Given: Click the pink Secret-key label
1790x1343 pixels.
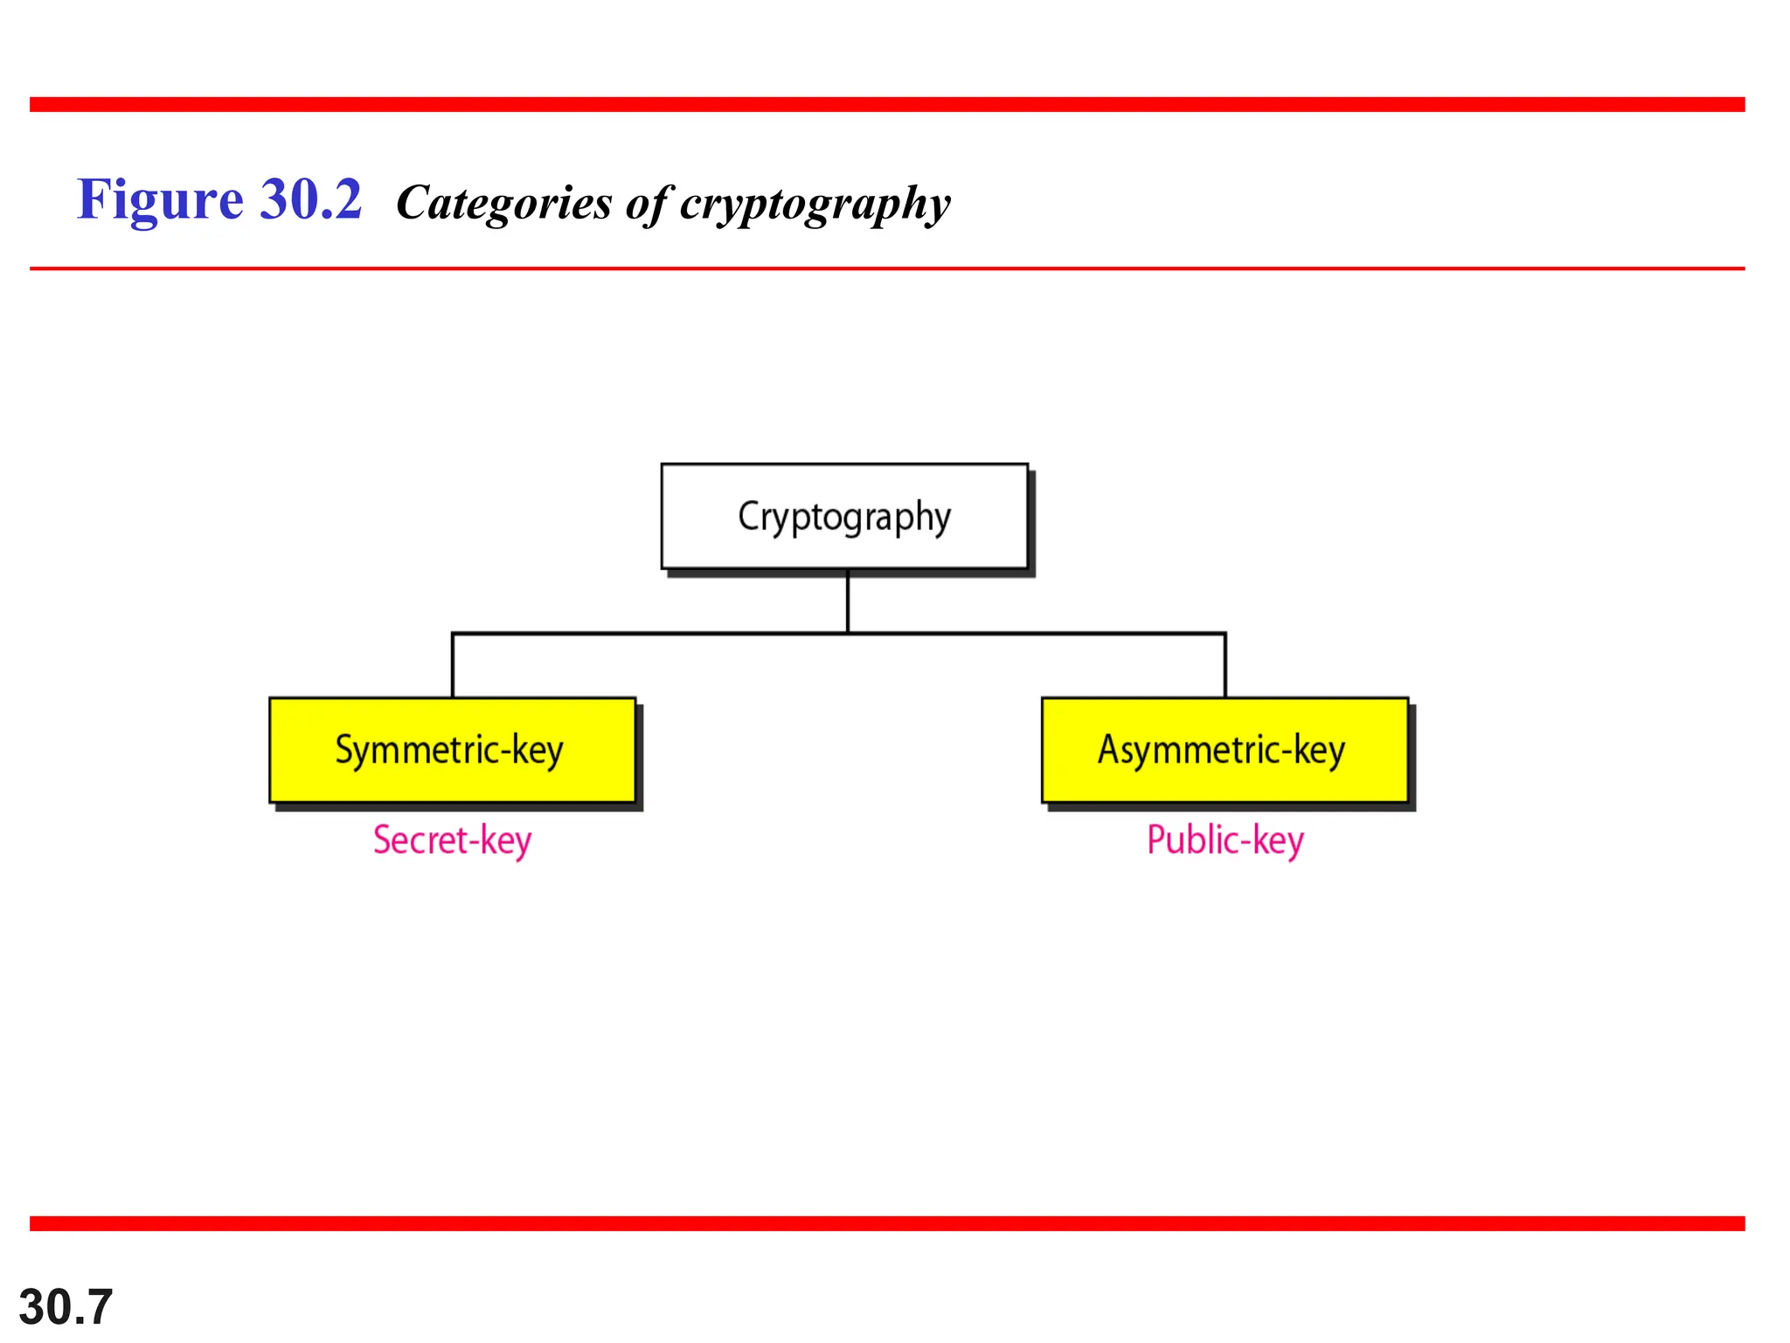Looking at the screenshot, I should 452,840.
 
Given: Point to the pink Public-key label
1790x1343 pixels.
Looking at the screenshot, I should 1225,840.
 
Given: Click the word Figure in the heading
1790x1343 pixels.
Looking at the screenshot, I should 159,200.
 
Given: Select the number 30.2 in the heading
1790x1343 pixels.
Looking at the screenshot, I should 310,200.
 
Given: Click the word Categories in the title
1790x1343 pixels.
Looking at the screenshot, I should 504,203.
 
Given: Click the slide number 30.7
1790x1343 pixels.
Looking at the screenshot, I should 66,1306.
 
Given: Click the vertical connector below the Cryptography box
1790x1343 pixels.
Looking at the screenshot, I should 847,602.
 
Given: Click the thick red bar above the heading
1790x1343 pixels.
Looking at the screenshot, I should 887,105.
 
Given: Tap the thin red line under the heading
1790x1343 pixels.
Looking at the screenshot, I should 887,268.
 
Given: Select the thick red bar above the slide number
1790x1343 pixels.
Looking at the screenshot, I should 887,1223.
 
